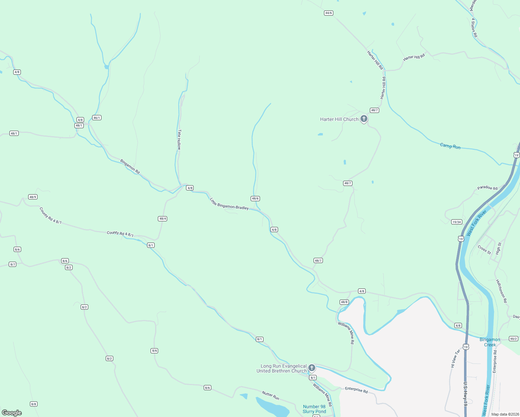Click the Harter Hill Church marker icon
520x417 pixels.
click(x=364, y=119)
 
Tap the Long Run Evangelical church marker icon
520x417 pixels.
click(x=312, y=368)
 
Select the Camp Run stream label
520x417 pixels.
click(x=450, y=146)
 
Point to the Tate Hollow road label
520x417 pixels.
click(x=179, y=140)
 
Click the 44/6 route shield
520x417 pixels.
click(x=328, y=13)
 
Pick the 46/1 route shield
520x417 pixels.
click(x=97, y=118)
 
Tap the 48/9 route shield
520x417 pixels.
click(x=33, y=197)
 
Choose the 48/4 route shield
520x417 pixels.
click(x=163, y=219)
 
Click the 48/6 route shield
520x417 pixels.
click(x=255, y=198)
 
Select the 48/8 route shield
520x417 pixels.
click(x=344, y=302)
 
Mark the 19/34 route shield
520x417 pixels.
click(x=457, y=222)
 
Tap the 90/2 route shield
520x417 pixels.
click(x=513, y=338)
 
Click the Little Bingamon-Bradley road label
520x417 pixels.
click(x=229, y=204)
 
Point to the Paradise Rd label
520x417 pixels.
click(x=487, y=188)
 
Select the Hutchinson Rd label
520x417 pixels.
click(x=501, y=291)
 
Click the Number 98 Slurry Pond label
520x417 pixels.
click(x=314, y=409)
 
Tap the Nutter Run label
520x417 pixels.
click(x=270, y=396)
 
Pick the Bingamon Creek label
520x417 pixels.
click(x=490, y=342)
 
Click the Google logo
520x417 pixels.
click(x=12, y=412)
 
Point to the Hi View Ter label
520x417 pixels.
click(x=455, y=358)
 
